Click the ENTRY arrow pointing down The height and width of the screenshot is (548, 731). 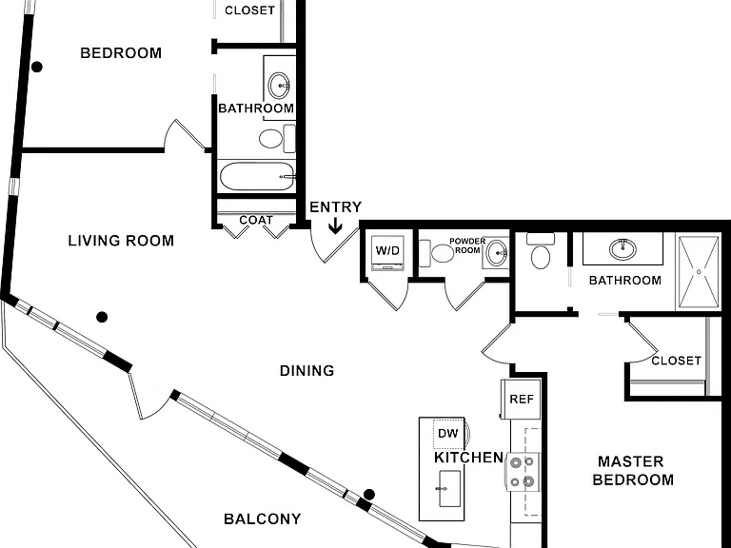335,226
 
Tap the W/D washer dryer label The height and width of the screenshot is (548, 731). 388,251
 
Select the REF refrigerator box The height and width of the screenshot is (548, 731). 521,400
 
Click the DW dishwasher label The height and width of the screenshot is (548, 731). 448,434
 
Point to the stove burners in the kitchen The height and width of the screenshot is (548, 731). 522,472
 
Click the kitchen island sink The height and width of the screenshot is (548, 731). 449,488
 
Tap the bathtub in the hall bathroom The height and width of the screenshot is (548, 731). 257,176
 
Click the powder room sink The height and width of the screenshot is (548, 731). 496,253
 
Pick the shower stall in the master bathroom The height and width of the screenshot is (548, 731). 699,272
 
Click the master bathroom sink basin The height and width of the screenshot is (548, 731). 622,248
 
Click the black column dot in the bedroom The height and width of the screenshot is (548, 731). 37,68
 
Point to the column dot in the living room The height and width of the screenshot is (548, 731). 102,318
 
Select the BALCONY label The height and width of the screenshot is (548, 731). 263,519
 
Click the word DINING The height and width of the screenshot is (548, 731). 306,371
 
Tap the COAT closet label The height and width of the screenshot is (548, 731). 256,220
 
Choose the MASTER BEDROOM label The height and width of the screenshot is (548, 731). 633,471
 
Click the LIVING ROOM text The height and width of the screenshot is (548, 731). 121,241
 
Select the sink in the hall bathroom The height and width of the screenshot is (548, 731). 279,86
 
